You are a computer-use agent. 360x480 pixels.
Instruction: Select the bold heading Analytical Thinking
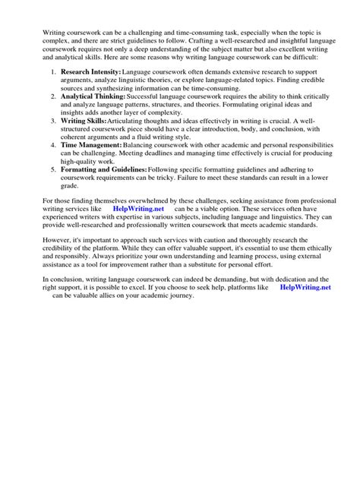pyautogui.click(x=93, y=98)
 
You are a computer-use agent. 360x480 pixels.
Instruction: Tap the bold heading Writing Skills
pyautogui.click(x=84, y=120)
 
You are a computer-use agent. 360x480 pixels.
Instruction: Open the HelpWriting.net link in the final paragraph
pyautogui.click(x=305, y=288)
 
